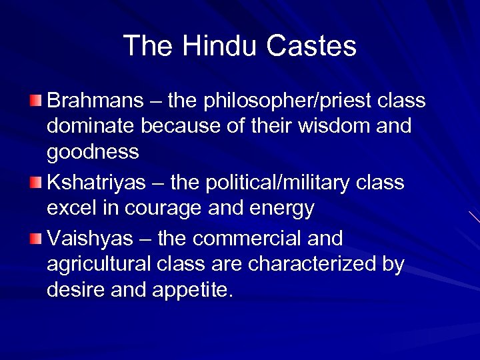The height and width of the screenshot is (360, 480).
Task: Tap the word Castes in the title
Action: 311,46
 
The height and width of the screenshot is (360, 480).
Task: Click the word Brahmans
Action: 95,101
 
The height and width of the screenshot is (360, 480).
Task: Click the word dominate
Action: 89,125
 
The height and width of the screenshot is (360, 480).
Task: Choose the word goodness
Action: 93,153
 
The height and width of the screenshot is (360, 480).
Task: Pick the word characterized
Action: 313,264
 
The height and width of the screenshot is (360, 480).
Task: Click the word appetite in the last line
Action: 194,291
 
